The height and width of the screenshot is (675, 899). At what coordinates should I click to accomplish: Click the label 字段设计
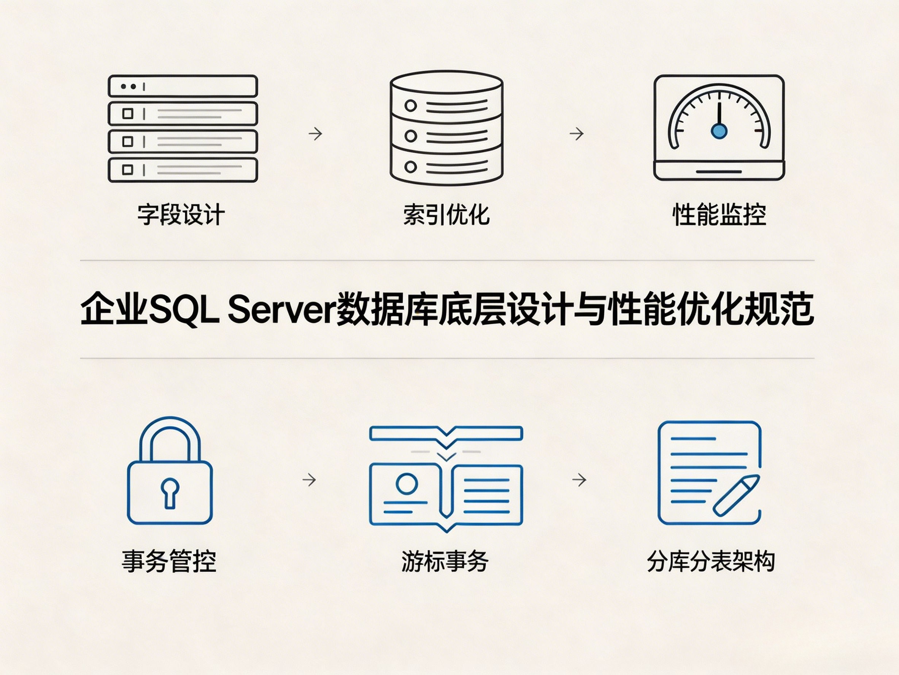(x=181, y=214)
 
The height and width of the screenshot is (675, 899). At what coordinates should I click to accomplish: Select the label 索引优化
(x=446, y=214)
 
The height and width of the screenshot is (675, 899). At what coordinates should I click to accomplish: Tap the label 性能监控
(x=719, y=214)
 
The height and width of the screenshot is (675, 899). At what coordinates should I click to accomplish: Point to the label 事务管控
(x=169, y=561)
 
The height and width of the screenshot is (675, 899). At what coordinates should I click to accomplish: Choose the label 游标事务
(x=445, y=561)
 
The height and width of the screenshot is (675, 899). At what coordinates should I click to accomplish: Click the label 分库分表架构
(x=711, y=561)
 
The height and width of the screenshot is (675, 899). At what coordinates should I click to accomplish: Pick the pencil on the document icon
(x=736, y=496)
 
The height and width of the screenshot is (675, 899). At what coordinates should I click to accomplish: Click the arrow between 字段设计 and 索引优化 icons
(x=315, y=134)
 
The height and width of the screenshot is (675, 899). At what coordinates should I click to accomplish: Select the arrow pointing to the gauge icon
(x=577, y=134)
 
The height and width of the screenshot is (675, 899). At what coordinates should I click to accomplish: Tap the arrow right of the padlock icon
(x=309, y=480)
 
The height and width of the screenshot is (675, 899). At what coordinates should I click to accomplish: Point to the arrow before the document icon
(x=579, y=480)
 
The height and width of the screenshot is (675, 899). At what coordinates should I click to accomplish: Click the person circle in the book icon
(x=407, y=484)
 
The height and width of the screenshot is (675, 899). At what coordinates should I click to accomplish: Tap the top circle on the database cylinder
(x=410, y=106)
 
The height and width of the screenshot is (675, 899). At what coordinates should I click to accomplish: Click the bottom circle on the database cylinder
(x=410, y=167)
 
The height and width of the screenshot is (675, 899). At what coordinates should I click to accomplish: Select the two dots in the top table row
(x=129, y=87)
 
